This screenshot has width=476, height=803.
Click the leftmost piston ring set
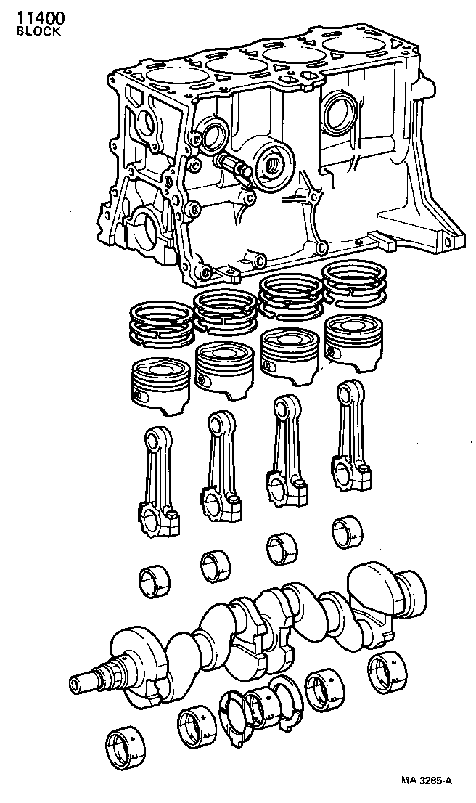point(160,323)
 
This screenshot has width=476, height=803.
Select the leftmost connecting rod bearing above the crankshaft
point(154,581)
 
